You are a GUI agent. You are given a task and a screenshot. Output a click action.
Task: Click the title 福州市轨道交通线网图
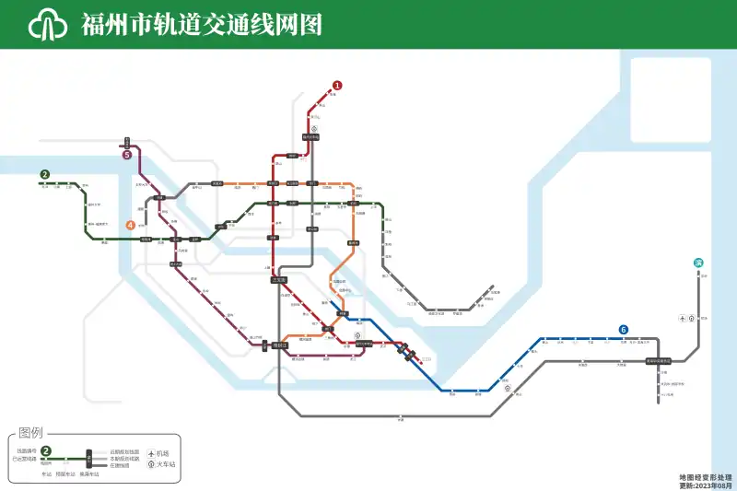point(202,24)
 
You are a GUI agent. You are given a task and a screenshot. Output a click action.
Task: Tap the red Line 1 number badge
point(337,86)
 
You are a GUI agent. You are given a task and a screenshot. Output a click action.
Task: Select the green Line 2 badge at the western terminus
point(44,174)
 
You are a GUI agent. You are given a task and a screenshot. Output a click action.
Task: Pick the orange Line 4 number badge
point(131,224)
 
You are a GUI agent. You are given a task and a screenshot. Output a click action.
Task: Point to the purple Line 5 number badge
point(127,155)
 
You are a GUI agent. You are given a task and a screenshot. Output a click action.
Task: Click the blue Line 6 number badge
point(624,330)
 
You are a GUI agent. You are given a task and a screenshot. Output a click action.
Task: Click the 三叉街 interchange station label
point(279,279)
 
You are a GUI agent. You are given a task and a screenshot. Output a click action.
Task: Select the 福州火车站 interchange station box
point(311,137)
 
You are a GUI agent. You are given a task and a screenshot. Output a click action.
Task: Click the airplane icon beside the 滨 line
point(682,319)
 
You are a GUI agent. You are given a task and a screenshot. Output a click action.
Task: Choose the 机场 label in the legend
point(163,454)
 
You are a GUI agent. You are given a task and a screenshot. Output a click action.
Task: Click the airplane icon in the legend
point(150,454)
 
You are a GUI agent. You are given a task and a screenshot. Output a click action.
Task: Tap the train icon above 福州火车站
point(313,128)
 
